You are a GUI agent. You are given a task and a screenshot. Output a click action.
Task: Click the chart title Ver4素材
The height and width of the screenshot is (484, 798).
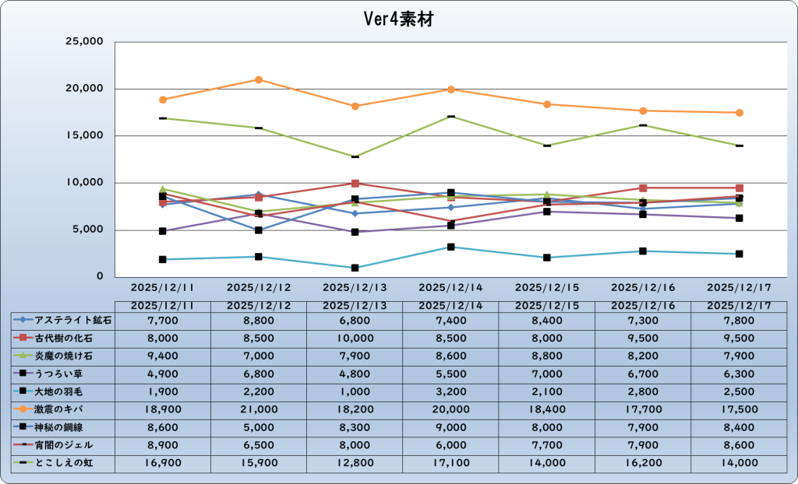398,19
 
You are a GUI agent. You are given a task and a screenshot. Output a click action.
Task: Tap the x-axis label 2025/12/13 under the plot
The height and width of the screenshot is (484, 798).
355,288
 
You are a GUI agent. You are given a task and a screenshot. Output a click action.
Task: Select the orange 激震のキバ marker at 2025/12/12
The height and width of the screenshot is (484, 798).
259,79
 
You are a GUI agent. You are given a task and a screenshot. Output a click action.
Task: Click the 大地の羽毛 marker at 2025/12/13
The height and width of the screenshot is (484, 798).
355,268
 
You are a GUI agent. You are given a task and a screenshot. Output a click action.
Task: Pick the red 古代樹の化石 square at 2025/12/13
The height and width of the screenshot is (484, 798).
355,184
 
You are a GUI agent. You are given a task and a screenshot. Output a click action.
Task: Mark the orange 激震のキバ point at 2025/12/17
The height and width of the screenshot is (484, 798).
739,113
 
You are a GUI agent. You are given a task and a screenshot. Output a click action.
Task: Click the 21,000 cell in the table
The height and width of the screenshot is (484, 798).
259,409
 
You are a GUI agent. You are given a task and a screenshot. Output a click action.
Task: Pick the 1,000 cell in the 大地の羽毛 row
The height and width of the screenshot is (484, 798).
355,391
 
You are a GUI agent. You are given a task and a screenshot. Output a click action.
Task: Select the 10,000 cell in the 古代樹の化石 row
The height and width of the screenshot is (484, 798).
355,338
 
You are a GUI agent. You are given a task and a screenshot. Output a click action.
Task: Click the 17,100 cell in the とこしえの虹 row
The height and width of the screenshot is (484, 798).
450,463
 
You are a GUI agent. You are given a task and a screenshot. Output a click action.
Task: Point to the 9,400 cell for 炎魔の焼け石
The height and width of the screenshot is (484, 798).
163,356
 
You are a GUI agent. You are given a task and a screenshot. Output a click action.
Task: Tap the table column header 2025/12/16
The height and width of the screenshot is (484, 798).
643,306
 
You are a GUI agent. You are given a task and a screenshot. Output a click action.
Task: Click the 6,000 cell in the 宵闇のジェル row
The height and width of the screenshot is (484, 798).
450,444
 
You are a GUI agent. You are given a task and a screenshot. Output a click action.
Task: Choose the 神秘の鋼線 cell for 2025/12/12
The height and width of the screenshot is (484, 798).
259,426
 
